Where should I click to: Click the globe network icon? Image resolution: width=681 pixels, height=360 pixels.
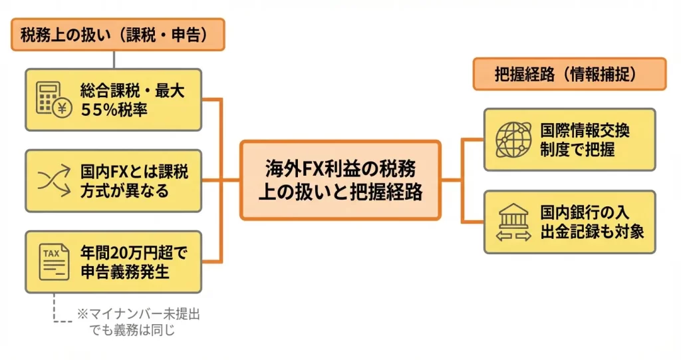(513, 139)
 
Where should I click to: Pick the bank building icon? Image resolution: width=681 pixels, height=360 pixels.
(513, 222)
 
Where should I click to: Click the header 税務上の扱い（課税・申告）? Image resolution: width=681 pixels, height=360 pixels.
(118, 35)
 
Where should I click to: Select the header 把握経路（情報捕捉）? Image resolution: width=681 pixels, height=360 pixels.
(569, 74)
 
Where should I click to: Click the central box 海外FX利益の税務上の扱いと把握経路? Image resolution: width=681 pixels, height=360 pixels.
(340, 180)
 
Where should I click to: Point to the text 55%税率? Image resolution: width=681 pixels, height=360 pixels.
(114, 109)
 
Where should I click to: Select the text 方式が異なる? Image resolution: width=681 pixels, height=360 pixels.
(125, 190)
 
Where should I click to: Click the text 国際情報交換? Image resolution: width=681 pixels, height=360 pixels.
(585, 130)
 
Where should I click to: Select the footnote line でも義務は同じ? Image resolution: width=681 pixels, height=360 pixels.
(132, 329)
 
